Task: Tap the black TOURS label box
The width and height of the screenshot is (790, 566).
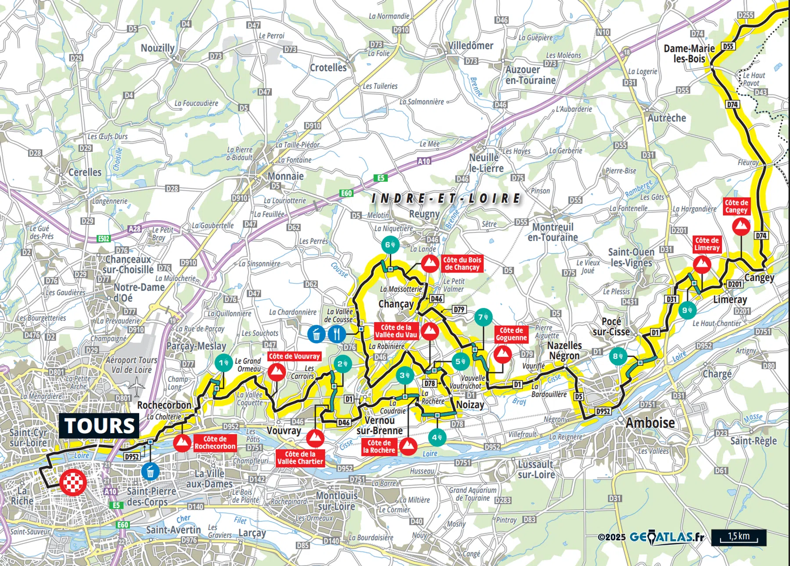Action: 99,426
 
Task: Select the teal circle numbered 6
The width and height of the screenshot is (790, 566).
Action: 390,245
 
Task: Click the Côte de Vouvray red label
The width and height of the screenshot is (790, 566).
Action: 294,356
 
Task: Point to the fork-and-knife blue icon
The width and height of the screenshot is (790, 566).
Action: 337,334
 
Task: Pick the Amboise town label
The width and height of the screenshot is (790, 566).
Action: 650,423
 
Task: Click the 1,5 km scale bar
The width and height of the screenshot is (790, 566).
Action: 739,537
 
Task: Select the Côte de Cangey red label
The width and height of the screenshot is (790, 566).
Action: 736,206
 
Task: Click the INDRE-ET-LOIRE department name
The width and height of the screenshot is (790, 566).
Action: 445,199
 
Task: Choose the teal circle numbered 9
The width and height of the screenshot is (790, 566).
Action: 687,310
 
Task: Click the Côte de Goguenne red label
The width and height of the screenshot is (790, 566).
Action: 511,334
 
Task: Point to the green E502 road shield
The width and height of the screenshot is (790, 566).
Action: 104,239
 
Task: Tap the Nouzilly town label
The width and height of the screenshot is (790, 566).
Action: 157,48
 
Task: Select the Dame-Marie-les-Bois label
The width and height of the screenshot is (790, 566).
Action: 689,54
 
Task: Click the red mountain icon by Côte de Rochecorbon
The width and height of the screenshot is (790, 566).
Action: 182,443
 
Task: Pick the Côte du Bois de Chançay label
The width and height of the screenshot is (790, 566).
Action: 462,264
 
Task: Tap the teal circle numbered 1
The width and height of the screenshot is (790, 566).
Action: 224,363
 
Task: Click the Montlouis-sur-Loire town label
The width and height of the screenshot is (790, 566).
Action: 337,501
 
